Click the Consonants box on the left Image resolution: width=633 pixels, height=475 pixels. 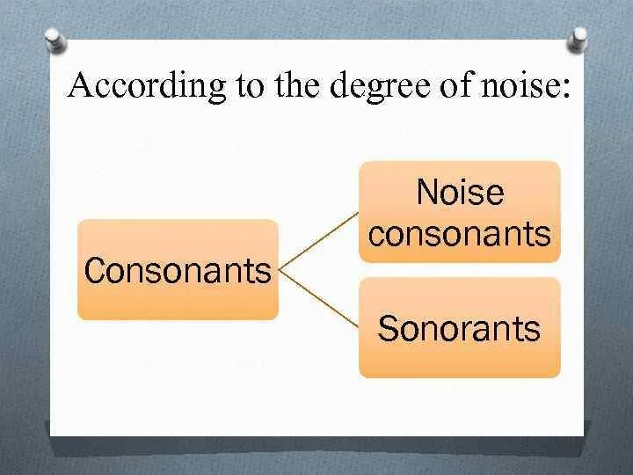point(178,269)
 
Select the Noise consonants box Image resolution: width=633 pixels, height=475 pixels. point(459,211)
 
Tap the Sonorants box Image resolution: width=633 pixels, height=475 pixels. point(459,327)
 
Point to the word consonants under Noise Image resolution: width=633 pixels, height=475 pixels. point(460,233)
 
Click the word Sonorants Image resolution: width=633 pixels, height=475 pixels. point(459,329)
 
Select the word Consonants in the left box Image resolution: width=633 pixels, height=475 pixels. point(178,271)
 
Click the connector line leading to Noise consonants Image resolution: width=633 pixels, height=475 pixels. point(318,238)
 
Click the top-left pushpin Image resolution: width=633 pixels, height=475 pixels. point(55,40)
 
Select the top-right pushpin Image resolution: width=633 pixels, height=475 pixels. point(578,38)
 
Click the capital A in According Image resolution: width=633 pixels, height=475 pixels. point(82,85)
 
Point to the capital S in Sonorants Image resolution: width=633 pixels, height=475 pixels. point(387,329)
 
